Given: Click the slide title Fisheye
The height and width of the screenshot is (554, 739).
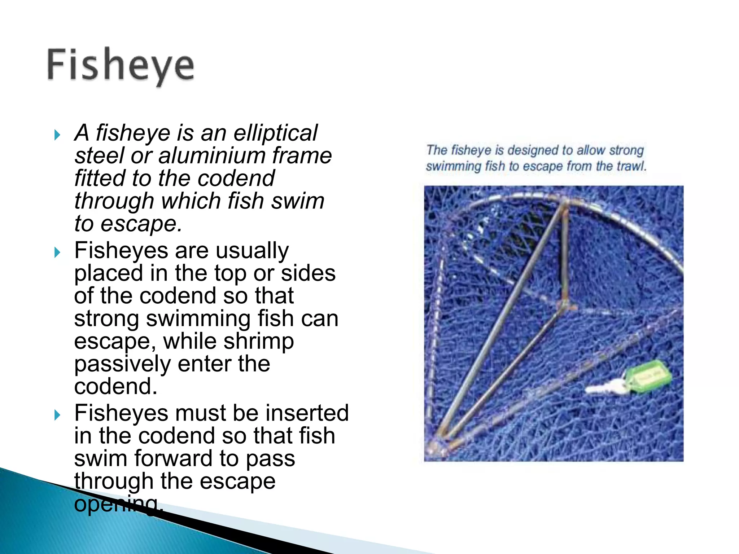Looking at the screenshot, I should click(x=121, y=66).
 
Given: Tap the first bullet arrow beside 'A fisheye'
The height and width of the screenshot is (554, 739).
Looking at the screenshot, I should click(x=57, y=135).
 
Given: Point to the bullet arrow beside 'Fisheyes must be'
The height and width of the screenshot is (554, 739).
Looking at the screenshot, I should click(x=57, y=415).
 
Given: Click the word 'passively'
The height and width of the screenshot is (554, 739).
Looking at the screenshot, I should click(x=122, y=364).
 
